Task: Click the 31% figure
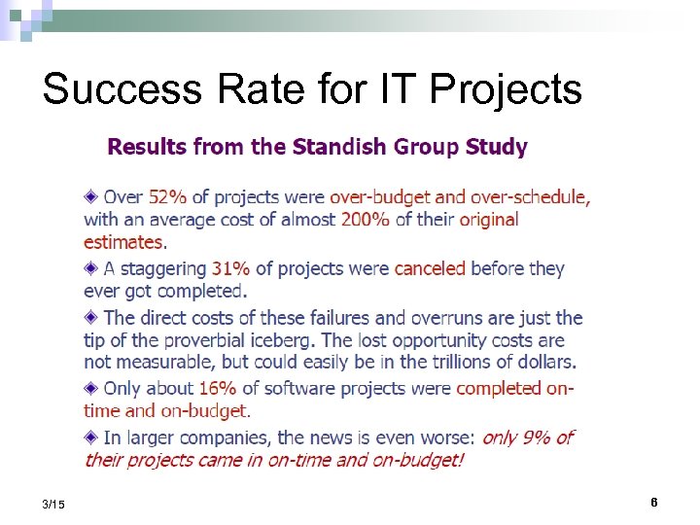[230, 268]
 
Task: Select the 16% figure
[218, 388]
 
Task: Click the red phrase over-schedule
[534, 197]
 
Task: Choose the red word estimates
[123, 242]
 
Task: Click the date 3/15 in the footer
[54, 504]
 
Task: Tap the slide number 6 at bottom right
[654, 503]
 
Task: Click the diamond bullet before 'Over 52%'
[91, 196]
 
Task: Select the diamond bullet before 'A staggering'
[91, 267]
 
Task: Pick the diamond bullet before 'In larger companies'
[91, 437]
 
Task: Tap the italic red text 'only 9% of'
[528, 437]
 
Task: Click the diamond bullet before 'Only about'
[91, 387]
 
